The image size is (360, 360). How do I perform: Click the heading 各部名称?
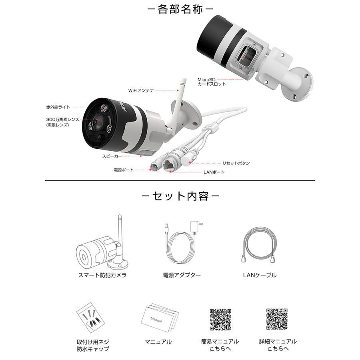click(x=180, y=9)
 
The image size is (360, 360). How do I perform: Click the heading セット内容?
click(x=180, y=196)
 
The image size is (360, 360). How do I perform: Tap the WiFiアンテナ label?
click(x=141, y=91)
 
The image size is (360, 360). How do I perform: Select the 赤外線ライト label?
click(x=58, y=107)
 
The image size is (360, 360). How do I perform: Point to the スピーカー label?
click(x=112, y=156)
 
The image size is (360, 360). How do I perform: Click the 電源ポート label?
click(x=124, y=170)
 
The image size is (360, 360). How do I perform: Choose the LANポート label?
click(x=214, y=172)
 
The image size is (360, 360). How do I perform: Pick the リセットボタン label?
click(x=236, y=163)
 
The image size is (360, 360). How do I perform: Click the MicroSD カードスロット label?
click(x=212, y=82)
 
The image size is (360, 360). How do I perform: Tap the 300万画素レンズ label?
click(x=63, y=122)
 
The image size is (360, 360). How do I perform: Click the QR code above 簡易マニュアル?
click(x=220, y=319)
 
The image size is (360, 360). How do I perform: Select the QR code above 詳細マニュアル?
click(x=277, y=319)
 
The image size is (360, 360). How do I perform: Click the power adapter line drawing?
click(x=182, y=244)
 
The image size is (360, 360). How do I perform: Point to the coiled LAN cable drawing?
click(x=259, y=246)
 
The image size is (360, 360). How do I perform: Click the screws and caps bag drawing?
click(x=91, y=318)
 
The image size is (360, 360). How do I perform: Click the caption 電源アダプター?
click(x=182, y=275)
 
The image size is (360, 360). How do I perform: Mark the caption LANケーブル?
click(x=260, y=275)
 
